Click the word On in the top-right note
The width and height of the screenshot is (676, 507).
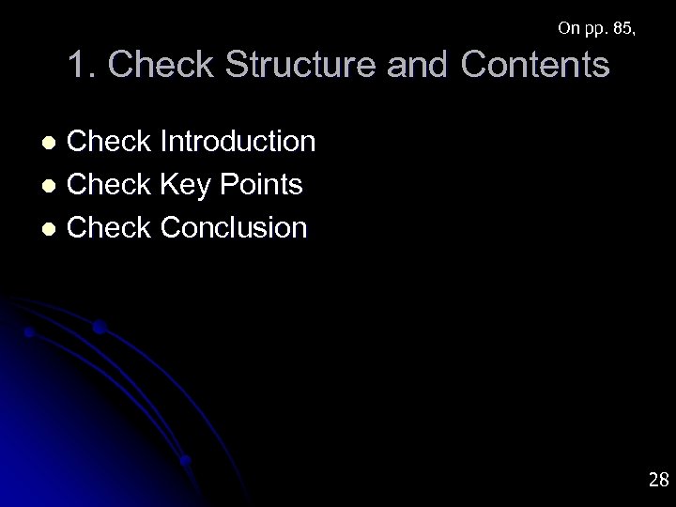(x=568, y=29)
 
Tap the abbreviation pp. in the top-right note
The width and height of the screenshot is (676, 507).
(x=596, y=30)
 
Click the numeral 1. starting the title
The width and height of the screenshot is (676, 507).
(x=79, y=66)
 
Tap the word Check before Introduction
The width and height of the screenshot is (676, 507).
(x=111, y=142)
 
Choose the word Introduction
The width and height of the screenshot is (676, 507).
(x=238, y=142)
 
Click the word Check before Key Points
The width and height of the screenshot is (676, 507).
(x=111, y=185)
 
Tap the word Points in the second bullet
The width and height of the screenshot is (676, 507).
(x=263, y=185)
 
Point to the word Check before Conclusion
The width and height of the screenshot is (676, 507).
(x=111, y=227)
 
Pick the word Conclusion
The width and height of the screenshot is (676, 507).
(x=234, y=227)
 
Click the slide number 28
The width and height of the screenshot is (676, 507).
(x=658, y=481)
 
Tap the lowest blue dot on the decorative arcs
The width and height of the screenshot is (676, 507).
(x=186, y=460)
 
